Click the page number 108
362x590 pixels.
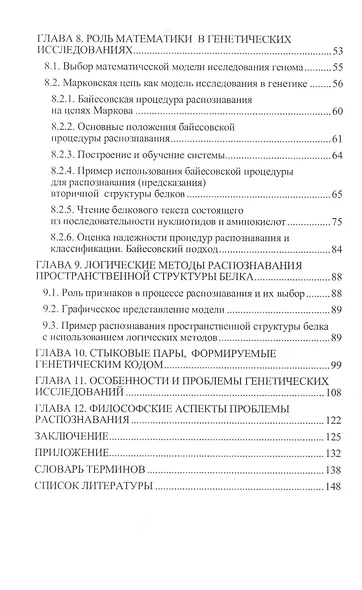coord(334,393)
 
